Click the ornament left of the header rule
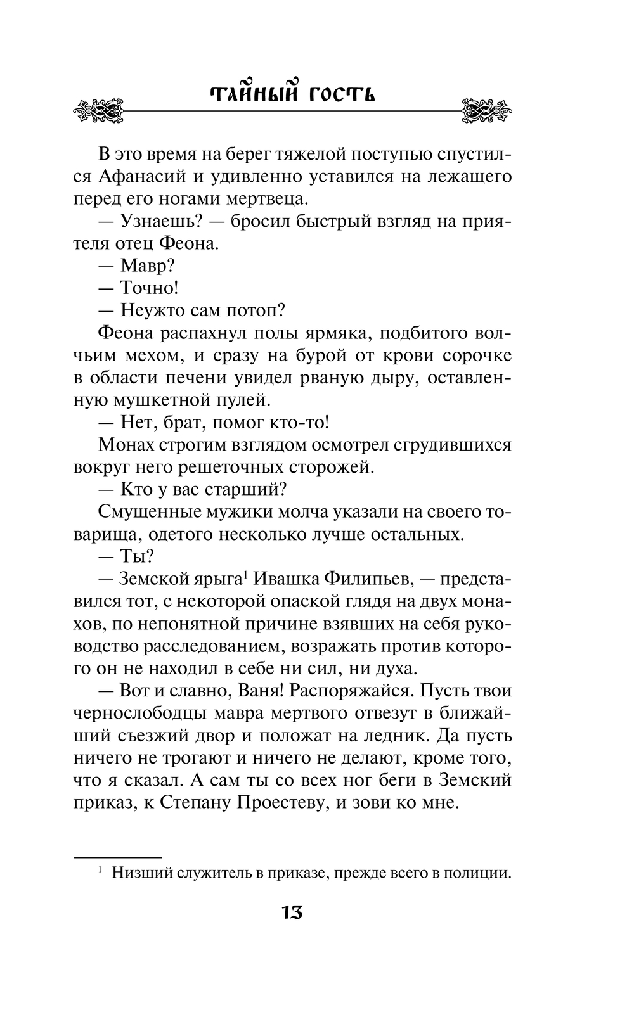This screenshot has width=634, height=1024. (98, 111)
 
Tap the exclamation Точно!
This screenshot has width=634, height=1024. (149, 288)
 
